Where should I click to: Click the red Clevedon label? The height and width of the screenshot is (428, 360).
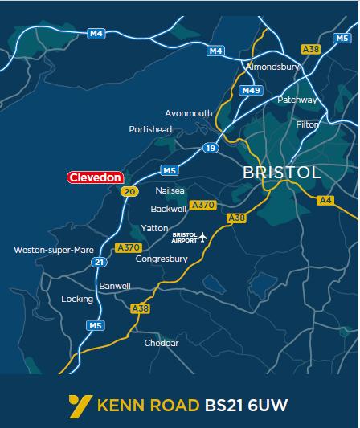click(96, 177)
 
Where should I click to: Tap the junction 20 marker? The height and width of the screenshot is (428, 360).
click(129, 191)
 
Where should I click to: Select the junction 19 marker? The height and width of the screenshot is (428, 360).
click(211, 148)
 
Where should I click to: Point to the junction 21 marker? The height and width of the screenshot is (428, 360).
click(99, 262)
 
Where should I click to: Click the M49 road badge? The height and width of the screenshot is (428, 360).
click(251, 91)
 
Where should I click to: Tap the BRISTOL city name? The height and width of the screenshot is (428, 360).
click(281, 173)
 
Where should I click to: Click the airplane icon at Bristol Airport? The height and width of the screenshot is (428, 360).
click(202, 237)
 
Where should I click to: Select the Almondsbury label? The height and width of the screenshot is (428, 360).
click(272, 67)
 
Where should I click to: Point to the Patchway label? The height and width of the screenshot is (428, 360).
click(297, 100)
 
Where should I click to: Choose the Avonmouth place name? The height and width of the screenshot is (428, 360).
click(189, 113)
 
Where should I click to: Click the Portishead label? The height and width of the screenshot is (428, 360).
click(150, 129)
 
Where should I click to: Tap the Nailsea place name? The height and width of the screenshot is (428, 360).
click(170, 191)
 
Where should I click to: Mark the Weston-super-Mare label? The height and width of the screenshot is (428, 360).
click(54, 250)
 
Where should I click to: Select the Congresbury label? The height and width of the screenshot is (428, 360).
click(162, 259)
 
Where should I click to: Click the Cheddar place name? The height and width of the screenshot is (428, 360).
click(161, 343)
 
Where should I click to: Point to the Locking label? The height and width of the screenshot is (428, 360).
click(77, 299)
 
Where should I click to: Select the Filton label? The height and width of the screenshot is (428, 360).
click(307, 124)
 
